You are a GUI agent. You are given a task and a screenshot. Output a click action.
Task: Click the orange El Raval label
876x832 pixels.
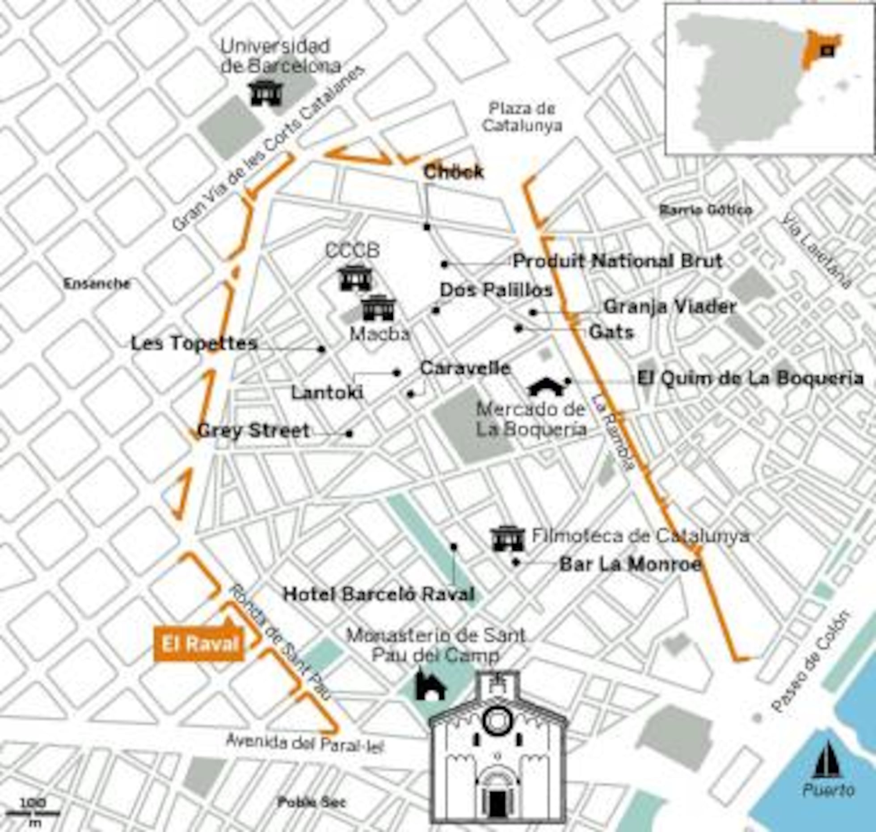[x=200, y=644]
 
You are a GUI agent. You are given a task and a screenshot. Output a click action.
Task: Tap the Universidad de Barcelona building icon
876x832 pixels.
[x=266, y=93]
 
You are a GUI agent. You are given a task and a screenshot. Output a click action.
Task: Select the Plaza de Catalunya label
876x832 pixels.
[x=522, y=117]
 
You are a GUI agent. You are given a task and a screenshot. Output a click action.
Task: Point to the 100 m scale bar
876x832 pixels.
[x=34, y=812]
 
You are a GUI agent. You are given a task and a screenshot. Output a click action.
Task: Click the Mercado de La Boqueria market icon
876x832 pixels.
[x=546, y=387]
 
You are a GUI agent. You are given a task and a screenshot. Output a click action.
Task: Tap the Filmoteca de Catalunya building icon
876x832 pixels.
[x=508, y=539]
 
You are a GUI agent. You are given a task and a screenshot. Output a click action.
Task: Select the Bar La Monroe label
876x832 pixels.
[x=630, y=565]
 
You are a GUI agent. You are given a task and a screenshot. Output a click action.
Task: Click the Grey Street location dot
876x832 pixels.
[x=349, y=433]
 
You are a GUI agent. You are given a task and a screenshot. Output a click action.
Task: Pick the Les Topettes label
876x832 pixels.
[x=194, y=344]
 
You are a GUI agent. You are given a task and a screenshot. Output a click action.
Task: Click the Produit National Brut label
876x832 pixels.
[x=617, y=261]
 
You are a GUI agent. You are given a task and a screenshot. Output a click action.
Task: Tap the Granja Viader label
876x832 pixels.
[x=670, y=307]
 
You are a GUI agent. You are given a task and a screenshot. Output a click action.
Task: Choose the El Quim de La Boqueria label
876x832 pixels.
[x=750, y=378]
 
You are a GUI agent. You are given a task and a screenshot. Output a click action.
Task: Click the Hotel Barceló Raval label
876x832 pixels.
[x=379, y=594]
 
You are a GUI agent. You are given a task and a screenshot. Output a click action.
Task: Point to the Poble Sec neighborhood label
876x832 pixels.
[x=312, y=802]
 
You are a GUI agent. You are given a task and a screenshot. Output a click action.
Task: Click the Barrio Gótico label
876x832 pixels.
[x=706, y=210]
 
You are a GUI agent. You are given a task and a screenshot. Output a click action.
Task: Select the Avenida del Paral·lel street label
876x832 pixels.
[x=305, y=743]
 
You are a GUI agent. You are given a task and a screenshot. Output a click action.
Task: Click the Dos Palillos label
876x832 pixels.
[x=496, y=290]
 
